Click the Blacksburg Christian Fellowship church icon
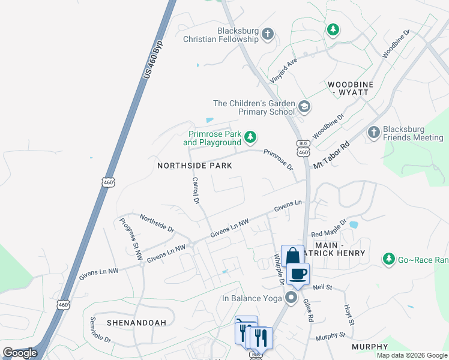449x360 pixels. coord(268,34)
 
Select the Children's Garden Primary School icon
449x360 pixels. coord(304,107)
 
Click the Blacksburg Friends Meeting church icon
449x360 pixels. coord(373,133)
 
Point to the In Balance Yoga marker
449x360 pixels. coord(292,298)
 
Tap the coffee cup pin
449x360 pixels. coord(298,274)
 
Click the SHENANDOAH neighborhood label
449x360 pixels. coord(136,322)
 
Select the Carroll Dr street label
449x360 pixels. coord(195,191)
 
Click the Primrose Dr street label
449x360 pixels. coord(277,158)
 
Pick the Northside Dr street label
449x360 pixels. coord(157,223)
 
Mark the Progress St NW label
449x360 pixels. coord(130,238)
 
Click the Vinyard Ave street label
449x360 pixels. coord(283,71)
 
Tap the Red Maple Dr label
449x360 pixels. coord(329,228)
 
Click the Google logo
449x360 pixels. coord(20,353)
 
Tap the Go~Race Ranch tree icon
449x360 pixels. coord(389,259)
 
